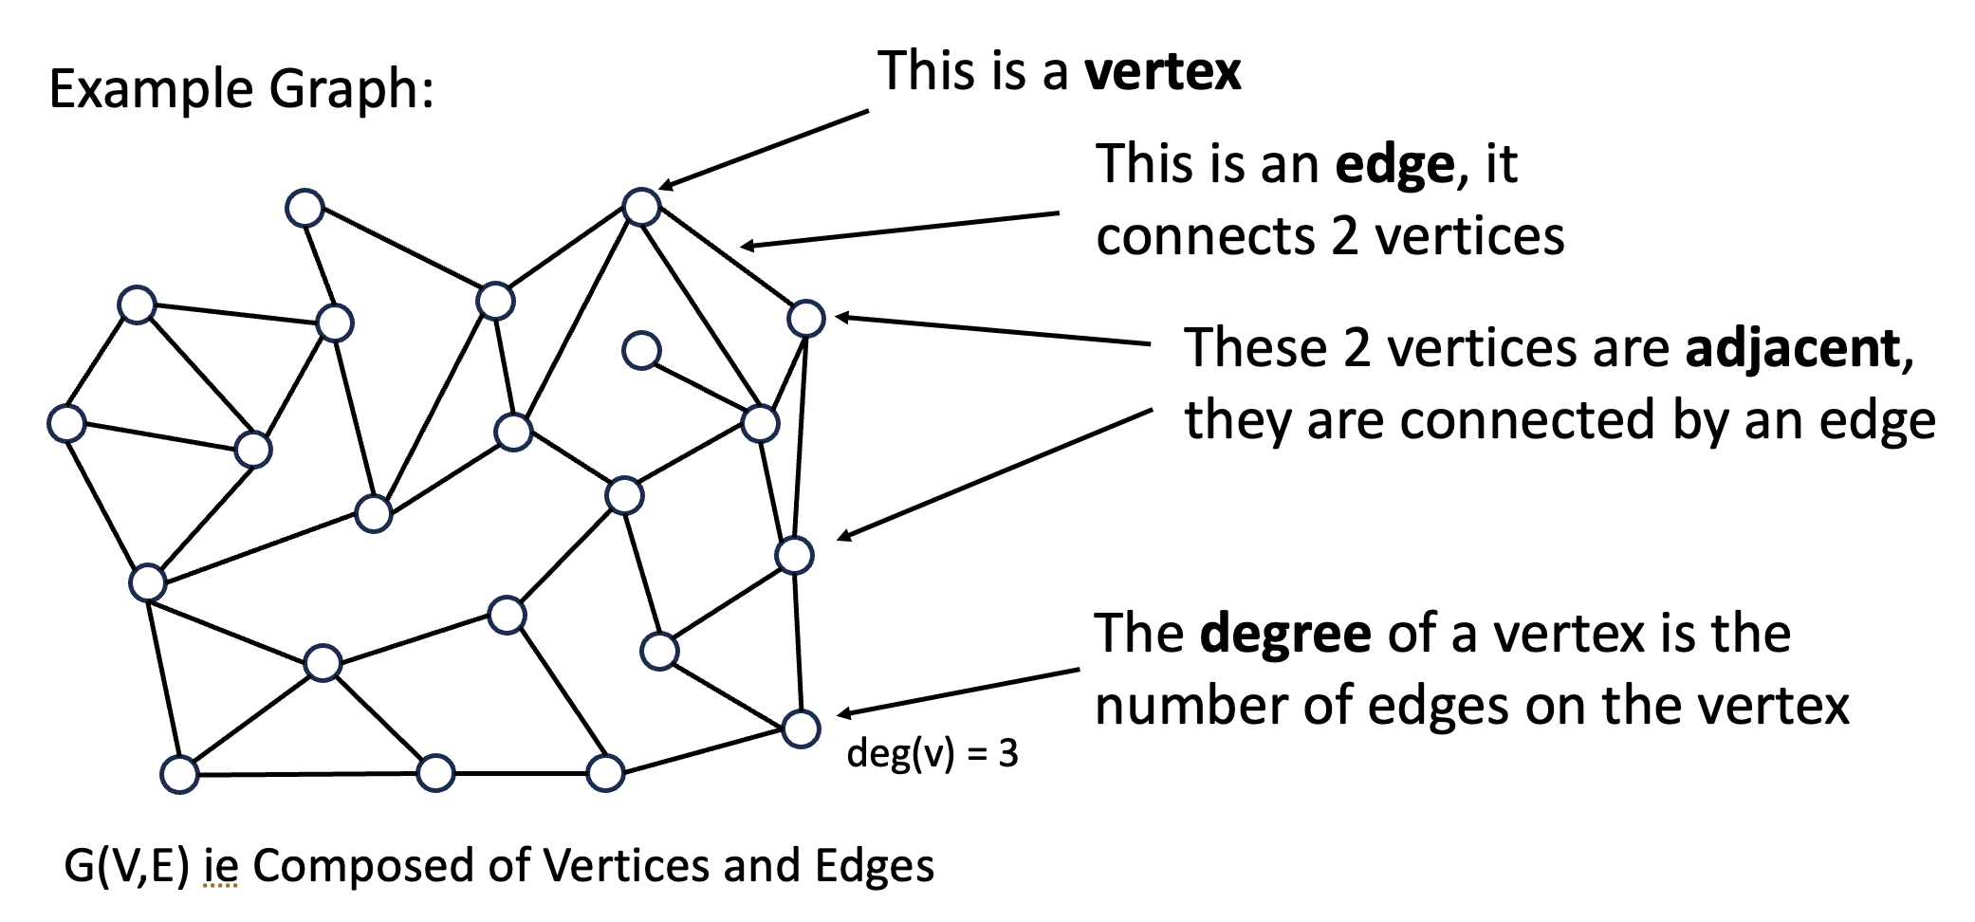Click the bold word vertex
coord(1162,72)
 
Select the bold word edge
coord(1394,165)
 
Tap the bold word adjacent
coord(1792,348)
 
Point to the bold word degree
coord(1284,634)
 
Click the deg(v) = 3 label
coord(932,753)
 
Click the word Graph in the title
coord(351,90)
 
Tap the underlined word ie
coord(220,866)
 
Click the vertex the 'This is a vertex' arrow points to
coord(642,206)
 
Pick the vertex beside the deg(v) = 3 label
coord(802,728)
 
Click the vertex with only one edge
coord(642,350)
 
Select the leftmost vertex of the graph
coord(67,423)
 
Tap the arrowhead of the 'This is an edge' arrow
coord(746,247)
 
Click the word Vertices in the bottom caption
coord(627,866)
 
